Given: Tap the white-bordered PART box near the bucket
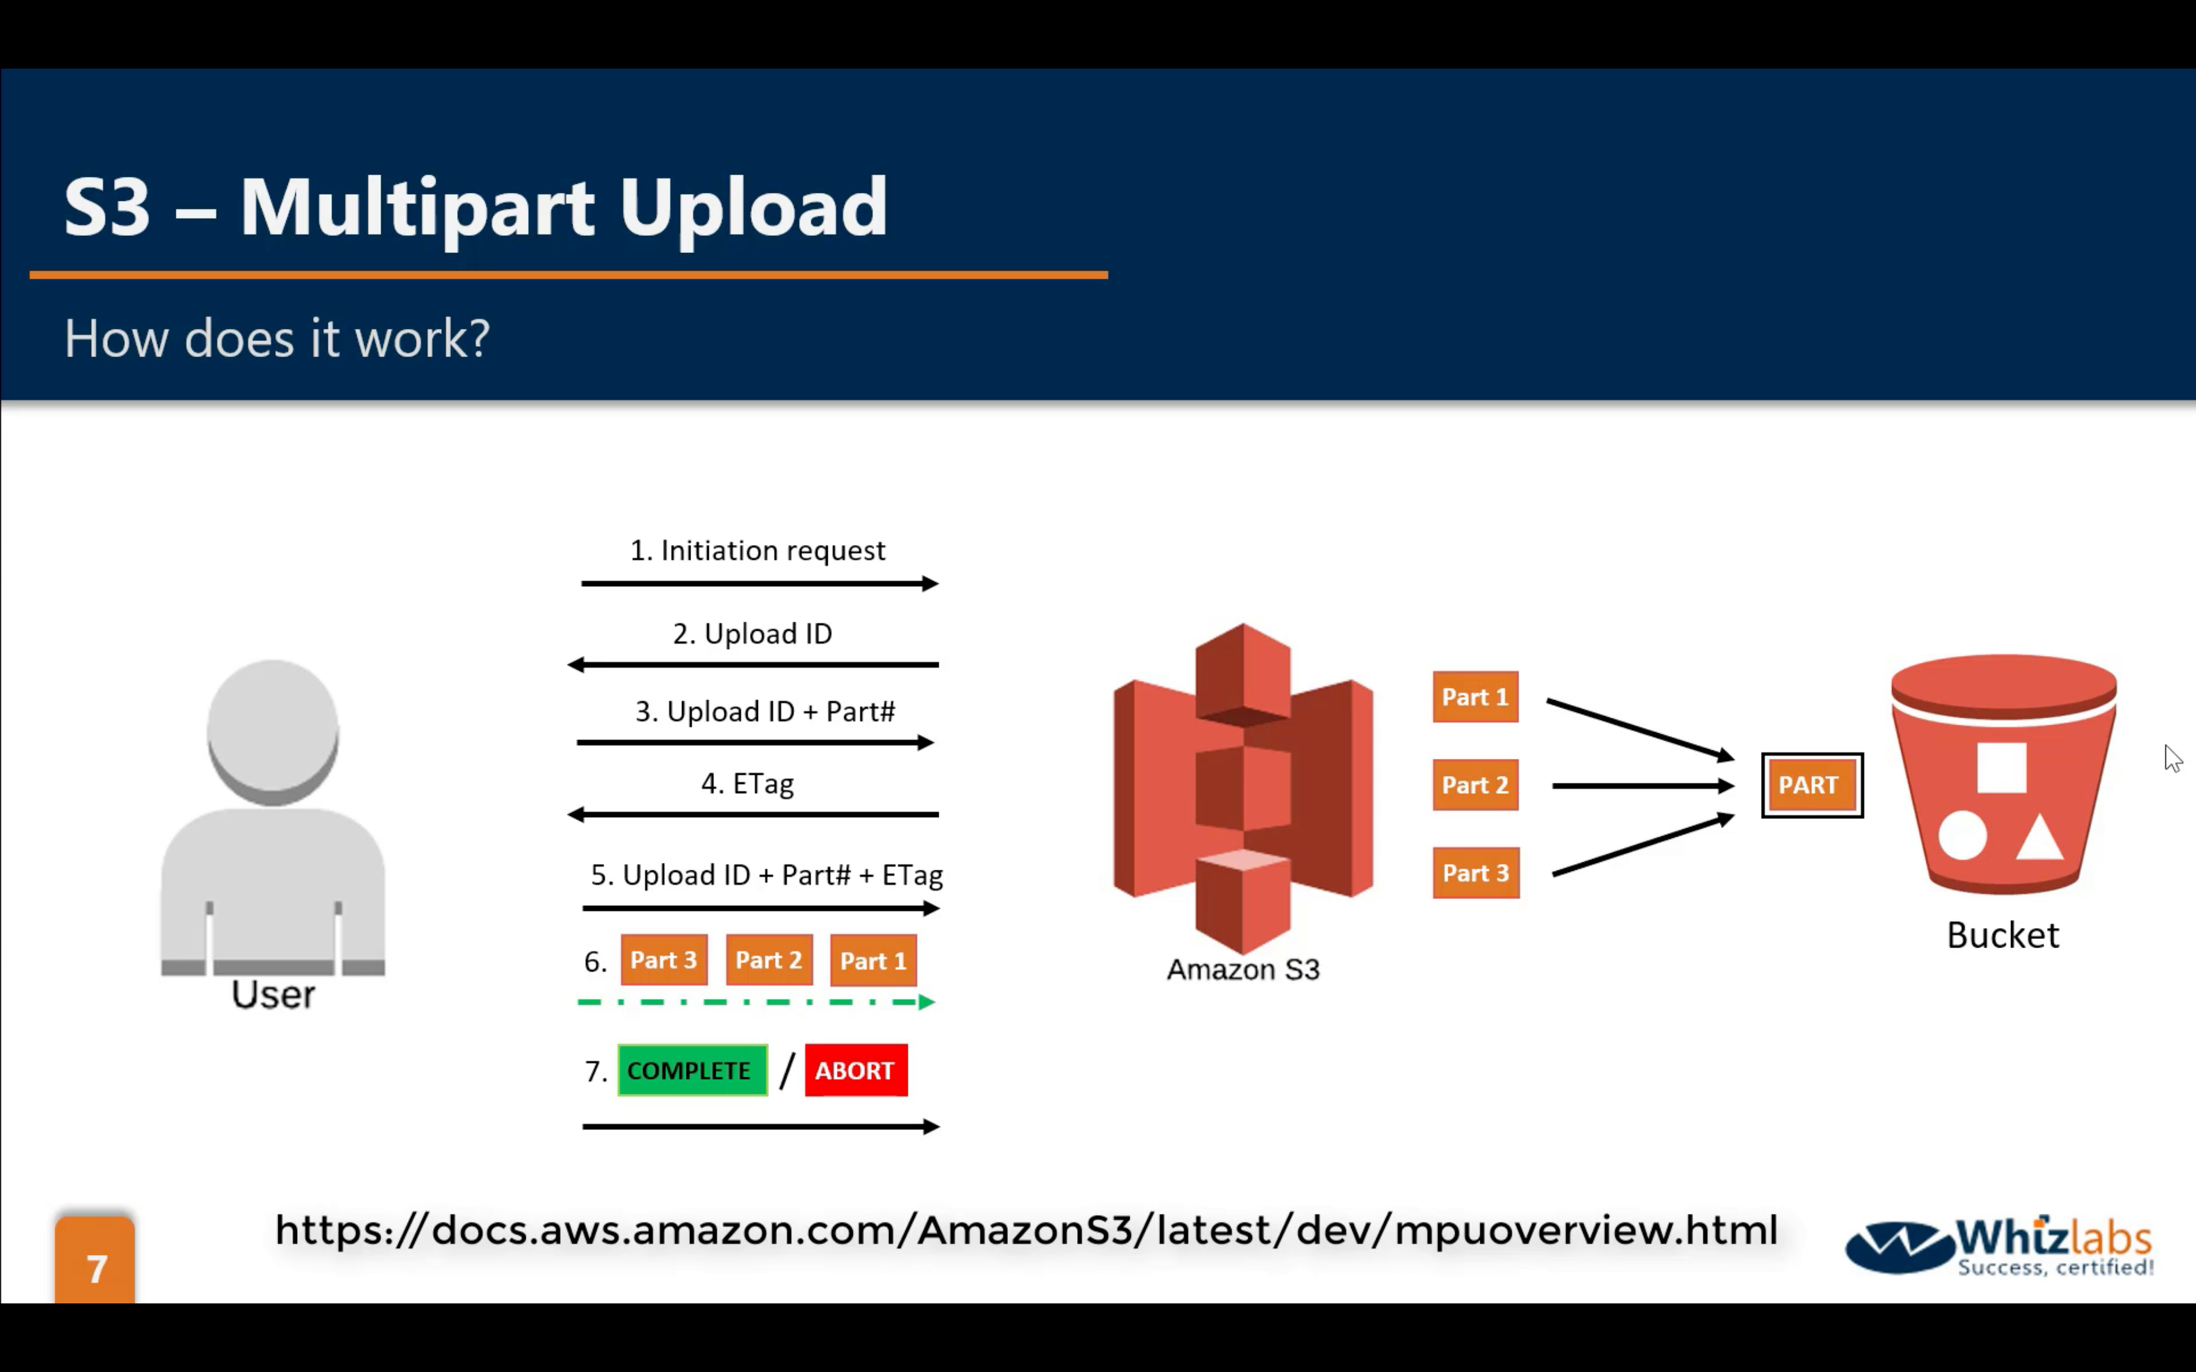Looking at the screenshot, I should (x=1811, y=785).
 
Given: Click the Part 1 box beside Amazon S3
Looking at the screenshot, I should (x=1475, y=697).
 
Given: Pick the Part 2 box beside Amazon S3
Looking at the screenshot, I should (x=1475, y=785).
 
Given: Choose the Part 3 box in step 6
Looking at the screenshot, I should (x=664, y=960).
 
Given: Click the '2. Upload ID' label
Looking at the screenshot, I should (x=752, y=633).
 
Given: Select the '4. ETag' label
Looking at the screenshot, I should (x=747, y=783).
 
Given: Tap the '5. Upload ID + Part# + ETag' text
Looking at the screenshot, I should (x=767, y=875).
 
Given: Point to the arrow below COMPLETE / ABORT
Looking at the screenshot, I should (x=760, y=1127).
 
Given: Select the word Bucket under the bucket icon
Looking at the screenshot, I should (x=2003, y=935).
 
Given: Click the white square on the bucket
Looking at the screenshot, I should (x=2001, y=767).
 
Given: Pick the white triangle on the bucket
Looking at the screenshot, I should (x=2040, y=839).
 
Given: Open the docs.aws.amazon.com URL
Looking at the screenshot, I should (x=1026, y=1231).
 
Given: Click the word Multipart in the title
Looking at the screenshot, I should (x=417, y=208).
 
